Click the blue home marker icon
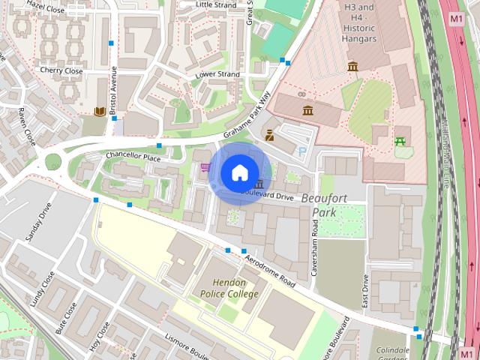(239, 173)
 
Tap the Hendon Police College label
(229, 289)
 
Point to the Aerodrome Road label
(270, 271)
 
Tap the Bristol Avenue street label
(113, 92)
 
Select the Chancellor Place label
(133, 157)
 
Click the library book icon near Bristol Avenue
(99, 112)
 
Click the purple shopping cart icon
(205, 166)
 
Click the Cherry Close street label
(61, 70)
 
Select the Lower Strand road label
(217, 75)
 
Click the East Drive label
(365, 289)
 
